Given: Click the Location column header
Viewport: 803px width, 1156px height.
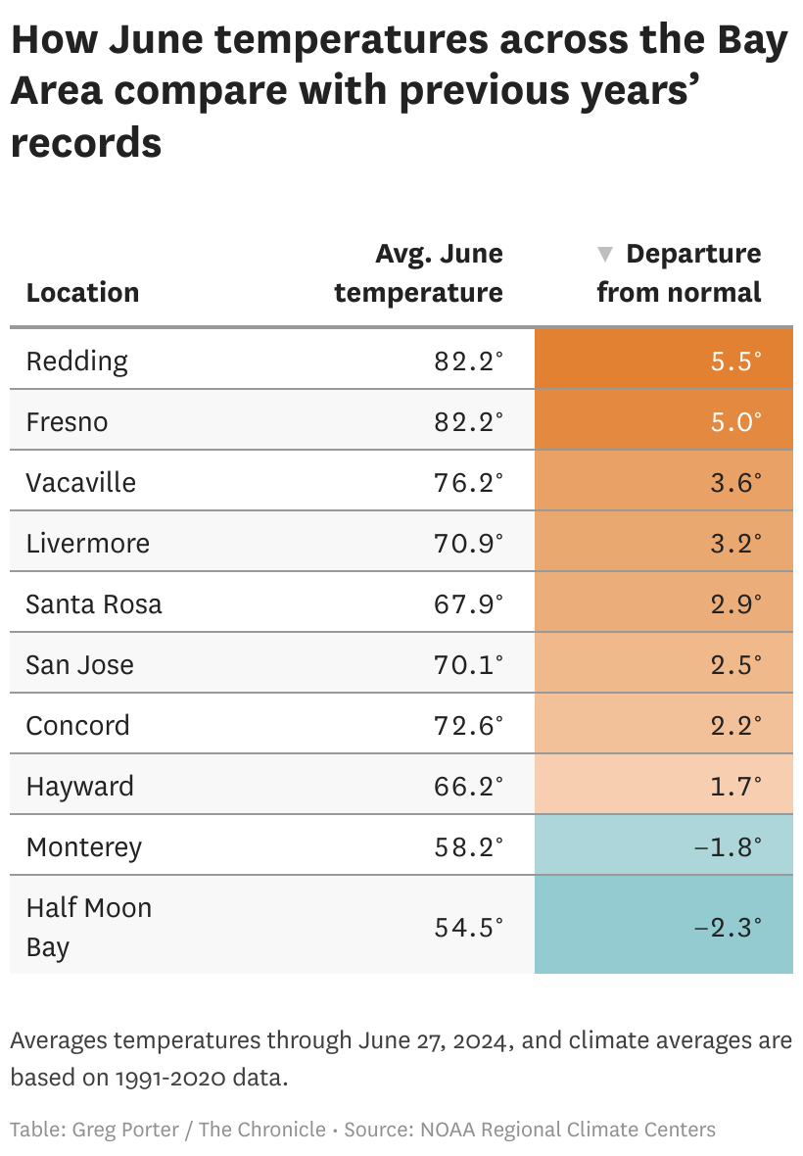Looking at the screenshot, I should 82,292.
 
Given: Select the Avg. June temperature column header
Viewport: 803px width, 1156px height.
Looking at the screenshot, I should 419,272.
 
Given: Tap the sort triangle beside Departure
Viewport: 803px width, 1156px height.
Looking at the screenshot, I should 605,255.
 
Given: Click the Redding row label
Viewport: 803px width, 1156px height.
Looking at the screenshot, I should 76,361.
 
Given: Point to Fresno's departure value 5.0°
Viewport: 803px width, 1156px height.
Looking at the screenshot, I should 733,421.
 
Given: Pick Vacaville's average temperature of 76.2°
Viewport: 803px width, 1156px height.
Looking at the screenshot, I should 468,482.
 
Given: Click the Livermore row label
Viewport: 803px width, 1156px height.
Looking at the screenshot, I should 87,543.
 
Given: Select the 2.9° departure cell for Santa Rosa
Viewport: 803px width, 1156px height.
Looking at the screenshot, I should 733,603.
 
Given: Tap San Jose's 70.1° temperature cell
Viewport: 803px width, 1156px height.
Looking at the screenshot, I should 468,664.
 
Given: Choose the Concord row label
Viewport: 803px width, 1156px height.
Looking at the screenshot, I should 77,725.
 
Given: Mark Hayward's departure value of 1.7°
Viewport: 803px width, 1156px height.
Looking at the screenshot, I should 733,786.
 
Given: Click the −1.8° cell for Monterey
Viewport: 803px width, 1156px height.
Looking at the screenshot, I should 727,846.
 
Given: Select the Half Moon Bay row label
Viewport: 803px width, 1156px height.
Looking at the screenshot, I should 88,927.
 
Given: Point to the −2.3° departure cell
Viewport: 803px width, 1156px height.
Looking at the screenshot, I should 727,927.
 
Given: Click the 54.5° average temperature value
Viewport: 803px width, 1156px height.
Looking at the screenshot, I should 468,927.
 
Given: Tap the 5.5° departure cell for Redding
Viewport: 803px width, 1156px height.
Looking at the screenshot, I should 733,361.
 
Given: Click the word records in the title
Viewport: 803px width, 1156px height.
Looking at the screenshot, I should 85,142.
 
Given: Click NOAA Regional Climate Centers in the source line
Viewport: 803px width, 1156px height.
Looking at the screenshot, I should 568,1130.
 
